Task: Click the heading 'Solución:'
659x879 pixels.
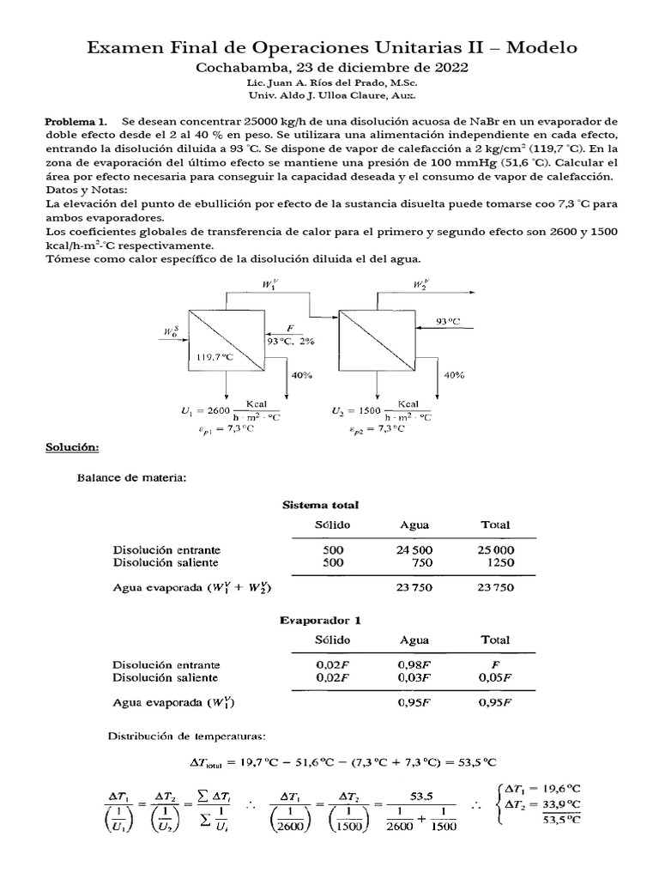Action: [73, 448]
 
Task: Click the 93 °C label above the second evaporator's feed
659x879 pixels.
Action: [447, 320]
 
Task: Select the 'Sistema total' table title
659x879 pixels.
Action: [321, 505]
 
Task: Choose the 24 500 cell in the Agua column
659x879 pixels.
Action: [415, 549]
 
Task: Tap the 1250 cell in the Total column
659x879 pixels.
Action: [495, 562]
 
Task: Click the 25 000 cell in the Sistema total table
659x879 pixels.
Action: [495, 549]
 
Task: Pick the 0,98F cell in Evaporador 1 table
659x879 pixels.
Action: [415, 664]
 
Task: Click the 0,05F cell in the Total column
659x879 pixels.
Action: [495, 677]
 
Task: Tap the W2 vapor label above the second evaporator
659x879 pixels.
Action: [421, 284]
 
